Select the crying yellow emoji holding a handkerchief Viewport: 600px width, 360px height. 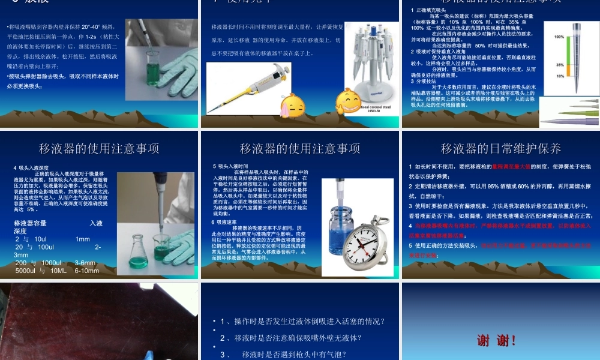(x=292, y=105)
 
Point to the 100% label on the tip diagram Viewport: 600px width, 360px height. (x=559, y=37)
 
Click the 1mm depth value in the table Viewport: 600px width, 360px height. (x=82, y=239)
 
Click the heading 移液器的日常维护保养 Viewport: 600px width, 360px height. (x=500, y=149)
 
